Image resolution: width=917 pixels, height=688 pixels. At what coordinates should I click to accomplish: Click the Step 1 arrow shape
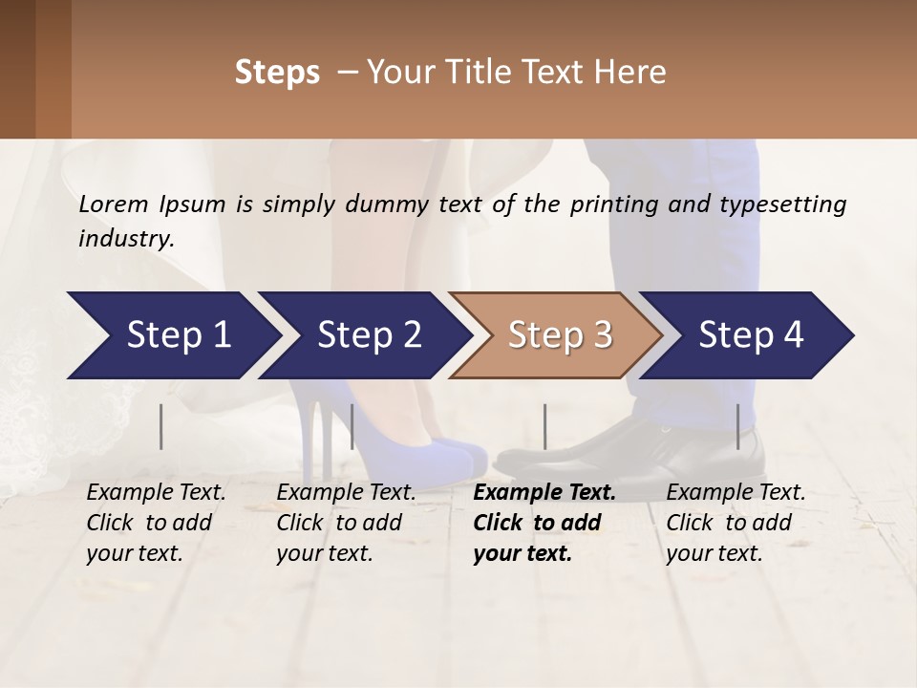[x=172, y=335]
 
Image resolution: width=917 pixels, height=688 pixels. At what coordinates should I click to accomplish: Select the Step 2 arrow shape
[x=368, y=335]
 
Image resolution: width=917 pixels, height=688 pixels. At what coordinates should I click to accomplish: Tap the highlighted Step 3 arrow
[x=559, y=335]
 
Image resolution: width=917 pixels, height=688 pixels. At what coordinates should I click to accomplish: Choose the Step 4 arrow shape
[x=750, y=335]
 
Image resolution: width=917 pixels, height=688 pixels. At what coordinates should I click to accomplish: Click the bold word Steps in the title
[x=277, y=73]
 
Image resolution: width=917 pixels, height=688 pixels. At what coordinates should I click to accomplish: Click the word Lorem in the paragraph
[x=113, y=204]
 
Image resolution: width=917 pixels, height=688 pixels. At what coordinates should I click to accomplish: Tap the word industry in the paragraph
[x=125, y=238]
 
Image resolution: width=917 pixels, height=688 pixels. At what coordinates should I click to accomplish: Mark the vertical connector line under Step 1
[x=161, y=426]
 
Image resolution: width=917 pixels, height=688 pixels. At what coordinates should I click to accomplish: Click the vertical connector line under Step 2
[x=352, y=426]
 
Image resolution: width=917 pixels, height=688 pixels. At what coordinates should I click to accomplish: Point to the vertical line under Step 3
[x=544, y=426]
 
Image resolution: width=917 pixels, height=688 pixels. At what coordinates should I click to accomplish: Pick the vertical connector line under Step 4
[x=737, y=426]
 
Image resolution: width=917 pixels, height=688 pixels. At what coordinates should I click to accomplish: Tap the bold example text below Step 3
[x=544, y=523]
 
